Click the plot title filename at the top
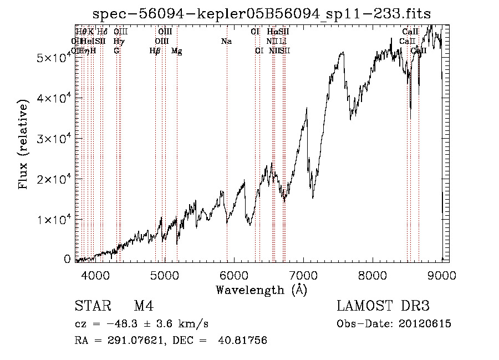pyautogui.click(x=261, y=13)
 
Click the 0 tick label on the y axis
pyautogui.click(x=67, y=259)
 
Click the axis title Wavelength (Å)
pyautogui.click(x=261, y=290)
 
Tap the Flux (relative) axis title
pyautogui.click(x=24, y=145)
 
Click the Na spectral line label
pyautogui.click(x=226, y=42)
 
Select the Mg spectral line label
pyautogui.click(x=177, y=51)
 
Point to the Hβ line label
pyautogui.click(x=155, y=51)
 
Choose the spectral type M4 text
pyautogui.click(x=144, y=307)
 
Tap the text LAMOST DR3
pyautogui.click(x=383, y=307)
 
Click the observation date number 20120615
pyautogui.click(x=423, y=324)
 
